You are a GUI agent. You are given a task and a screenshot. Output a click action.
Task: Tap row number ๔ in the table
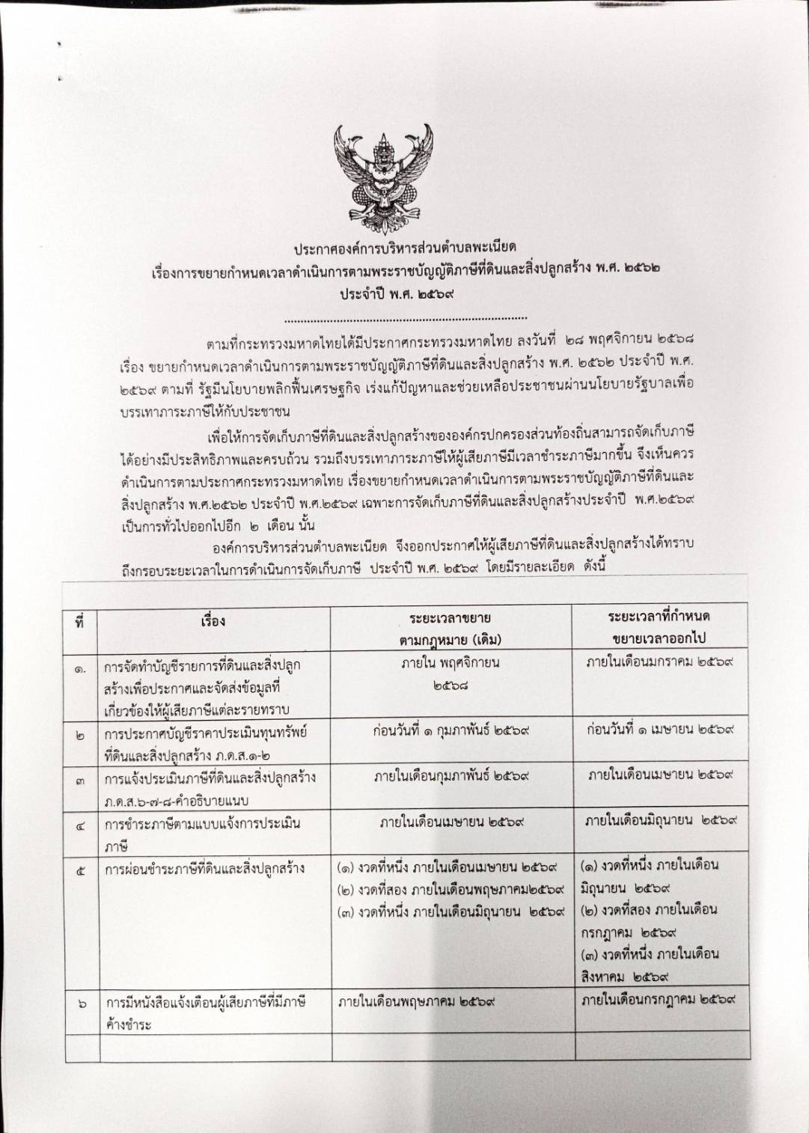(x=80, y=825)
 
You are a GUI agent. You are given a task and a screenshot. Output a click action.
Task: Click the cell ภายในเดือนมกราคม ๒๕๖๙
(x=659, y=662)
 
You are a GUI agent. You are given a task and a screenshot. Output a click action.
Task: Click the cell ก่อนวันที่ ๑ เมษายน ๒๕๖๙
(x=659, y=729)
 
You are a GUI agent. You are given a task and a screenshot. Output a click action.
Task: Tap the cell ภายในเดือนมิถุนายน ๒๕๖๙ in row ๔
(x=662, y=821)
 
